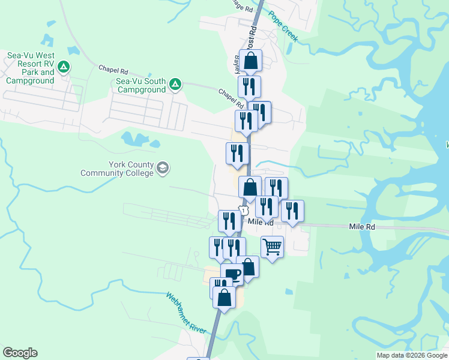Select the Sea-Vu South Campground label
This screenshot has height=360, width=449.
(x=141, y=85)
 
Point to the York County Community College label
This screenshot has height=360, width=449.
(x=118, y=169)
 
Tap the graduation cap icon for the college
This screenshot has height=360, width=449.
(x=163, y=169)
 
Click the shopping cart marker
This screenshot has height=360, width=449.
(x=273, y=246)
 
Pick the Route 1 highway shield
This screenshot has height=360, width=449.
(x=243, y=210)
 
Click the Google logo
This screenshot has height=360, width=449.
(x=20, y=353)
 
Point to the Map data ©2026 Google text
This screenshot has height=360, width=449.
(x=412, y=355)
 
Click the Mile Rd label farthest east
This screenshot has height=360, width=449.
(x=362, y=227)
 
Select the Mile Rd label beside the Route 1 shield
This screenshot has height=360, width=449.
(x=261, y=223)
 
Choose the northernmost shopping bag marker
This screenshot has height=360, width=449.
(x=251, y=60)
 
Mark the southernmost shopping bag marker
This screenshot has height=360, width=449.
(x=224, y=297)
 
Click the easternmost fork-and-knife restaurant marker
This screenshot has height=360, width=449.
(x=292, y=211)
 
